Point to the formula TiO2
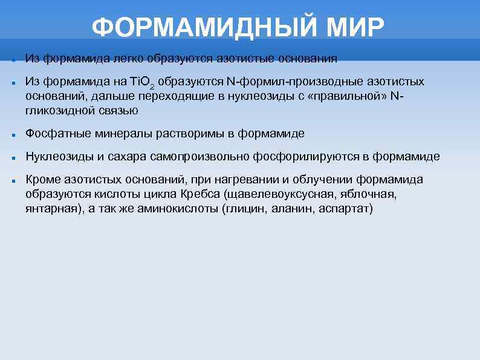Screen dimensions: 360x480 click(146, 82)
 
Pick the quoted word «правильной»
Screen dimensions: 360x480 click(348, 96)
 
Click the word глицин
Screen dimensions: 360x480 click(243, 209)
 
